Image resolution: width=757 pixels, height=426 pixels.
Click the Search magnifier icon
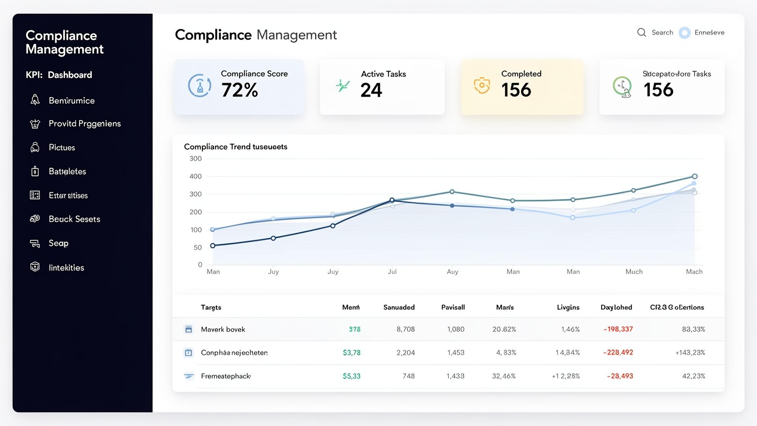[x=641, y=32]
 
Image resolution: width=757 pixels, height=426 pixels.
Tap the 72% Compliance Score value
[x=239, y=90]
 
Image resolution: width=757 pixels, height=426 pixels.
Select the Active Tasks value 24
[x=371, y=90]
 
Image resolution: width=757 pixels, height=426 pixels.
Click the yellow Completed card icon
[x=481, y=86]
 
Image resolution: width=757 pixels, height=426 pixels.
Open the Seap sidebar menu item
[x=58, y=243]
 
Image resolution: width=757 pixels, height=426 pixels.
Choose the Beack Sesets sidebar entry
[x=74, y=219]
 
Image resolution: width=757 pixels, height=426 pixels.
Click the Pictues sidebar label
[x=62, y=148]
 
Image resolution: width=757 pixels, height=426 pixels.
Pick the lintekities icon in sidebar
[x=35, y=267]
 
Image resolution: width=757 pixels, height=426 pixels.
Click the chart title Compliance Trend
[x=235, y=147]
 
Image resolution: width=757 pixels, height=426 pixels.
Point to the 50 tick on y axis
[x=198, y=248]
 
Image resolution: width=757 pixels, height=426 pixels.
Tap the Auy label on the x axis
[x=452, y=272]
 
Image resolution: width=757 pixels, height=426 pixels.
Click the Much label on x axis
[x=634, y=272]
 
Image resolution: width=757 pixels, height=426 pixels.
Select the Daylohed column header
[x=616, y=307]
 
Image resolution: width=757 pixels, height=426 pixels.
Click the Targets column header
[x=211, y=307]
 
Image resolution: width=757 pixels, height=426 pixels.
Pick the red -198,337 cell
[x=618, y=329]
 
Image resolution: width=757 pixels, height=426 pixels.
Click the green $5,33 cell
[x=351, y=376]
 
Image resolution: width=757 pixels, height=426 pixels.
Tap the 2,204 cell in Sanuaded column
[x=405, y=353]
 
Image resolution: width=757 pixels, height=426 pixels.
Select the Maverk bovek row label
[x=223, y=329]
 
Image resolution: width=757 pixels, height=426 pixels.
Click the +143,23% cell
[x=690, y=353]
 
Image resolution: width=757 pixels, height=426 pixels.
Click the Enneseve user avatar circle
[x=684, y=33]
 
